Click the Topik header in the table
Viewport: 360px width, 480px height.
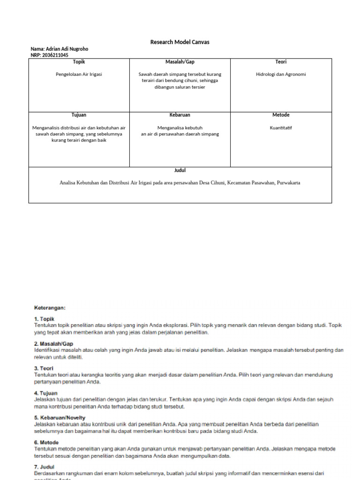[79, 62]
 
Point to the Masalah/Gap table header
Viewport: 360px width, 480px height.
[180, 62]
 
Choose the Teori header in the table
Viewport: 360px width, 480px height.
[281, 62]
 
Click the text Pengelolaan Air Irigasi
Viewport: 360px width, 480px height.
[79, 74]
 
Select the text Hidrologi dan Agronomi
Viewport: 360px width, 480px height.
[281, 74]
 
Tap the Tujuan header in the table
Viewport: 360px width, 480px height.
[79, 115]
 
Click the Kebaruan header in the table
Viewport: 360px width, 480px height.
[180, 115]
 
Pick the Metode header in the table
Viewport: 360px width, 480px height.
[281, 115]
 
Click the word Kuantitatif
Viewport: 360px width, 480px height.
[281, 127]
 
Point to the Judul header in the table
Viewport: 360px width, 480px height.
[180, 171]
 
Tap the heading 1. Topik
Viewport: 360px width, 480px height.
[45, 319]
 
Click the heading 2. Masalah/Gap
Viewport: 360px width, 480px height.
[53, 344]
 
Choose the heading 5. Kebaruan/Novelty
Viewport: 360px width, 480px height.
[60, 418]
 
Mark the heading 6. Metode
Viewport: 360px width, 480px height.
[46, 442]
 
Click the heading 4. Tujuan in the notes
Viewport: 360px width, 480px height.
[46, 393]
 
